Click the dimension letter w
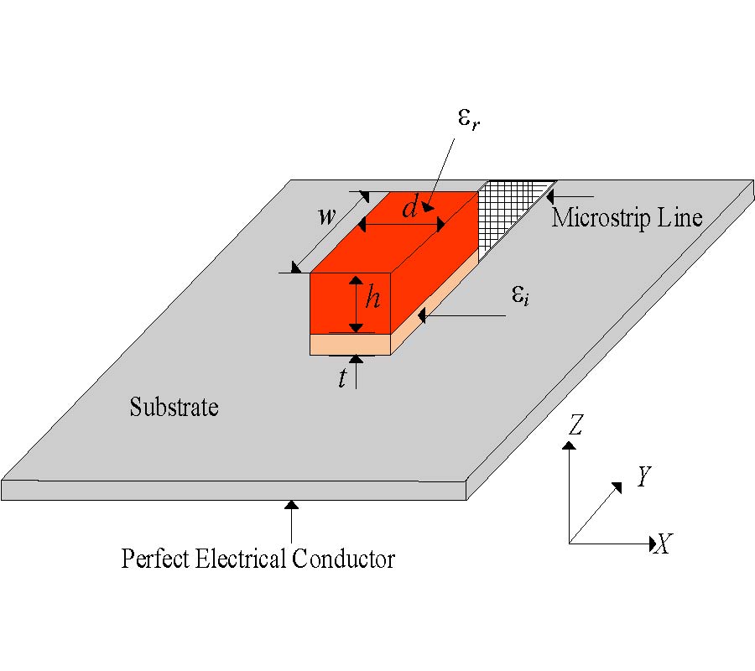[326, 216]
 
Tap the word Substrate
[174, 408]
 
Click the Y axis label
[643, 477]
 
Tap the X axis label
[663, 545]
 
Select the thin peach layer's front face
[351, 345]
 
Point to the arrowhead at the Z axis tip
[570, 446]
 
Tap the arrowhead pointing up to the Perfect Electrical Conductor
[291, 506]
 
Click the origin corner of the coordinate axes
[570, 544]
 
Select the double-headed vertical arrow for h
[357, 304]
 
